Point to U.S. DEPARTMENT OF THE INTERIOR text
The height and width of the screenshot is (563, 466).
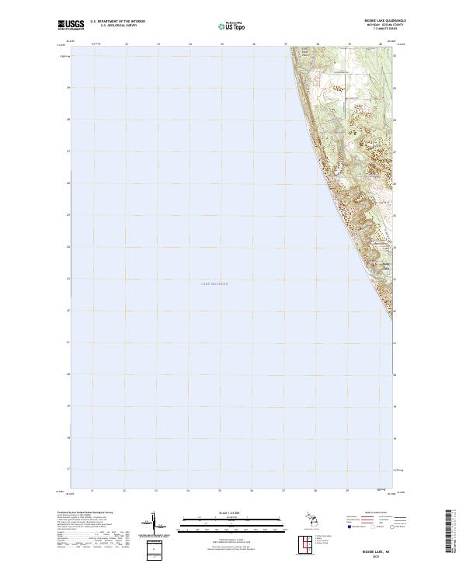[118, 22]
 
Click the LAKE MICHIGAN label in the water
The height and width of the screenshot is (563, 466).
[216, 284]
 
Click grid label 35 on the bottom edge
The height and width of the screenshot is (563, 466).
[221, 490]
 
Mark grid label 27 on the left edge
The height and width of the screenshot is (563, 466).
[68, 151]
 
